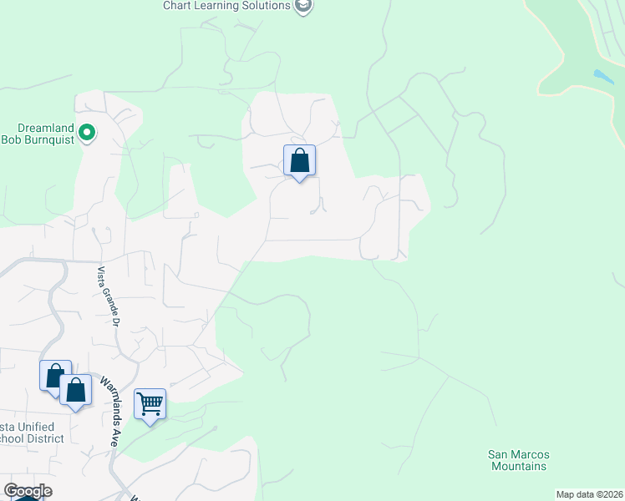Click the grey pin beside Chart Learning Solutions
(x=303, y=6)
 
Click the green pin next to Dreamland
(x=87, y=132)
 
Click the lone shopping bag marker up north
(x=299, y=160)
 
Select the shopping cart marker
(x=150, y=405)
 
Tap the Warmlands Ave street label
(x=109, y=412)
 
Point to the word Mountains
(x=518, y=466)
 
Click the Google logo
(x=28, y=491)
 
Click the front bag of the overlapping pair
(x=76, y=391)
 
